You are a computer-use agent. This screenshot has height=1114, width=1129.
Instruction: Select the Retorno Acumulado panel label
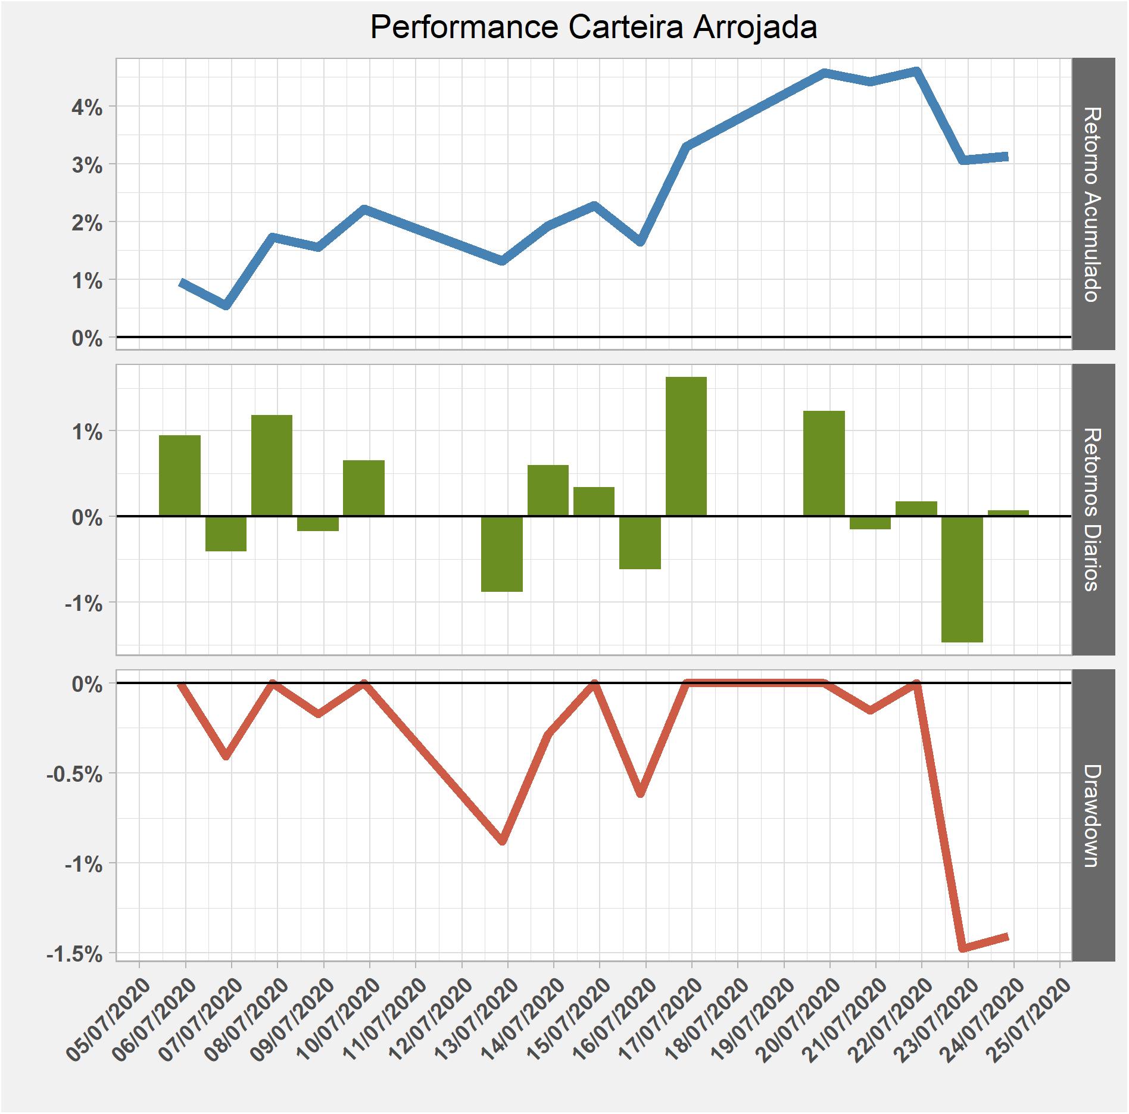1093,204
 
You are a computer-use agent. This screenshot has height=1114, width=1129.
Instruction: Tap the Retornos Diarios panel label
1093,509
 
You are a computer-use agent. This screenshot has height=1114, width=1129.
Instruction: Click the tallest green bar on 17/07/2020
686,446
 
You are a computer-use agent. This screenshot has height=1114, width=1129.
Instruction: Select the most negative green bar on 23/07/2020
962,579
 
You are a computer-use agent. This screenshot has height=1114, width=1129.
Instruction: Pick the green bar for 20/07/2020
824,463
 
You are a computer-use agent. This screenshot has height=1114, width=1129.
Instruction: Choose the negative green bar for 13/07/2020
501,554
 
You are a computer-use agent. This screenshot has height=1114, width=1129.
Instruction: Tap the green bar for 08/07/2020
272,465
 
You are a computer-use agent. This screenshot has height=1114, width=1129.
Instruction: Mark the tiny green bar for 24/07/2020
1008,513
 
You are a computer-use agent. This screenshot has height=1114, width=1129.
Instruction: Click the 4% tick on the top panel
88,108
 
